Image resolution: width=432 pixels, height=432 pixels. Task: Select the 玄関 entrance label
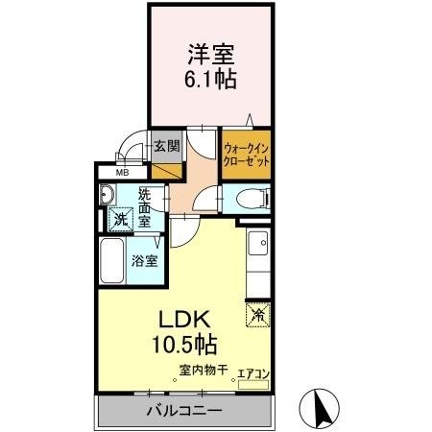(167, 147)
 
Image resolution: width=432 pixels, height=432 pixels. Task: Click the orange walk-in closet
(245, 156)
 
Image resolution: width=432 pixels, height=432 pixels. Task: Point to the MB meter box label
(122, 173)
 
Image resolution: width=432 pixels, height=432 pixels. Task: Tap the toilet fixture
(253, 199)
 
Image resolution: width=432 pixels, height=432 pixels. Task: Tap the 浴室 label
(145, 260)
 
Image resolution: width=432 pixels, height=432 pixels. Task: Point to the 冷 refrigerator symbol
(257, 313)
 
